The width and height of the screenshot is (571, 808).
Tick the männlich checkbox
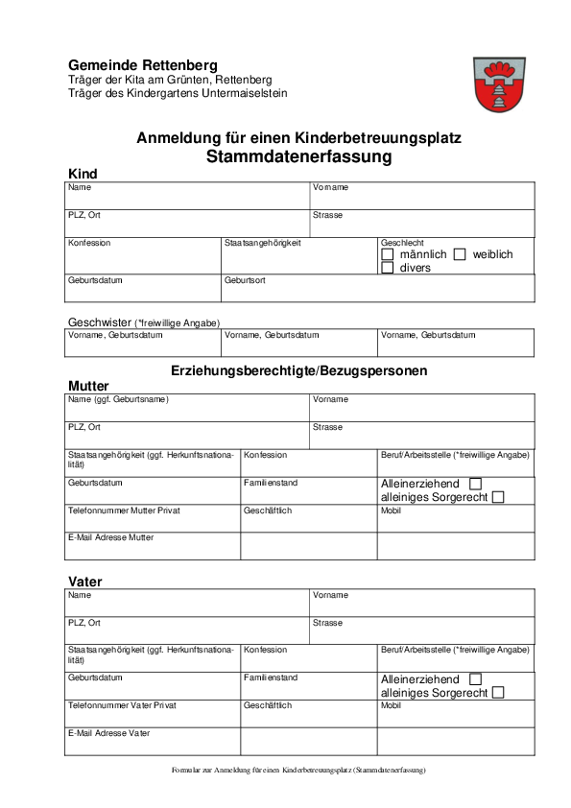(x=388, y=254)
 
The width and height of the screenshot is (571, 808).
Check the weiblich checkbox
(x=460, y=254)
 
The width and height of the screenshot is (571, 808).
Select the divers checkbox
(x=388, y=268)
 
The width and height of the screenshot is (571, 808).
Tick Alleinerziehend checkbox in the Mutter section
(x=475, y=484)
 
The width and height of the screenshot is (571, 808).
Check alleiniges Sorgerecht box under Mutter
(x=497, y=497)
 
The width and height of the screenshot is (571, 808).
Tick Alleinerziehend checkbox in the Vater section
(x=475, y=679)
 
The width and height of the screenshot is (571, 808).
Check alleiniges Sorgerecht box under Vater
(x=497, y=693)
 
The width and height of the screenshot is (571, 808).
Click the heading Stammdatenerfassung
(x=298, y=156)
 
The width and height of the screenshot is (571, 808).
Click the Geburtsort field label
(x=245, y=281)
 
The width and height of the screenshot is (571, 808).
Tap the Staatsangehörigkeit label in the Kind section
(x=263, y=243)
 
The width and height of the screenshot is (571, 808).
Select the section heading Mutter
(x=88, y=386)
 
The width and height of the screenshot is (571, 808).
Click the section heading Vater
(x=84, y=582)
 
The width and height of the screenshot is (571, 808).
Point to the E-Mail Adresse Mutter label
(x=110, y=537)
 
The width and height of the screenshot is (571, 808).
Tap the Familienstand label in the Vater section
(x=271, y=677)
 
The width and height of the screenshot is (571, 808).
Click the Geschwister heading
(x=99, y=322)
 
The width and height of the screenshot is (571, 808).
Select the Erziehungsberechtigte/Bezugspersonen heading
(x=298, y=369)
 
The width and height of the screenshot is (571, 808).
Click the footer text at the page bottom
(x=298, y=770)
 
